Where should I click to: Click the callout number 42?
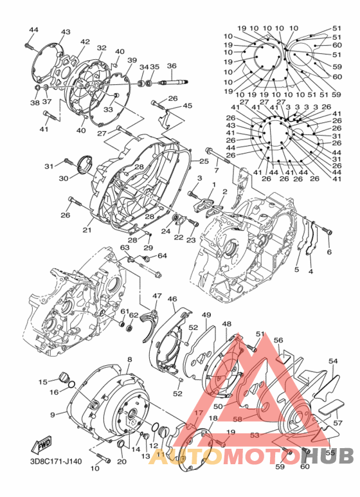pyautogui.click(x=85, y=42)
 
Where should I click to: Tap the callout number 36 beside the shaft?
pyautogui.click(x=172, y=66)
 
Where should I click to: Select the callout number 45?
pyautogui.click(x=187, y=105)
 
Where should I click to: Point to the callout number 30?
pyautogui.click(x=64, y=179)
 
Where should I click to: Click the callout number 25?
pyautogui.click(x=204, y=161)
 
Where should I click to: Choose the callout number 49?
pyautogui.click(x=206, y=315)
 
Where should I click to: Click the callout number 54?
pyautogui.click(x=333, y=362)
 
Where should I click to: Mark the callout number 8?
pyautogui.click(x=129, y=359)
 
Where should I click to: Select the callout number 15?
pyautogui.click(x=42, y=382)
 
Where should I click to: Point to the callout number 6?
pyautogui.click(x=329, y=252)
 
